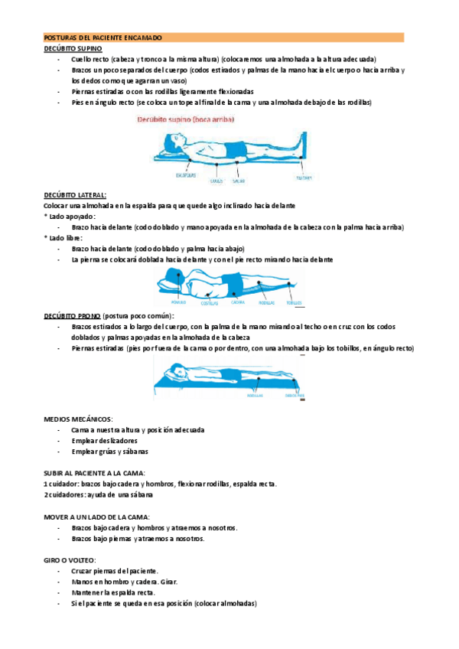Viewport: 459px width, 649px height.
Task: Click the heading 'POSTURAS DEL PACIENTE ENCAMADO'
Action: [103, 37]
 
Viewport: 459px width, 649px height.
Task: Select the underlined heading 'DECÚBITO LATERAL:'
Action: [75, 195]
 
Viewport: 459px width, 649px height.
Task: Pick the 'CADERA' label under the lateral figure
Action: [236, 302]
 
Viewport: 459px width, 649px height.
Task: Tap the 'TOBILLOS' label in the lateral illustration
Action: [295, 303]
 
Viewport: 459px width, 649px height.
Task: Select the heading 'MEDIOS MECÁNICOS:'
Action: [78, 419]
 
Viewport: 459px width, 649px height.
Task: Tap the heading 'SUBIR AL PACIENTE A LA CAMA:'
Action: [96, 473]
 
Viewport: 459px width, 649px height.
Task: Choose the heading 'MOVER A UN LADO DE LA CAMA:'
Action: [96, 517]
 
